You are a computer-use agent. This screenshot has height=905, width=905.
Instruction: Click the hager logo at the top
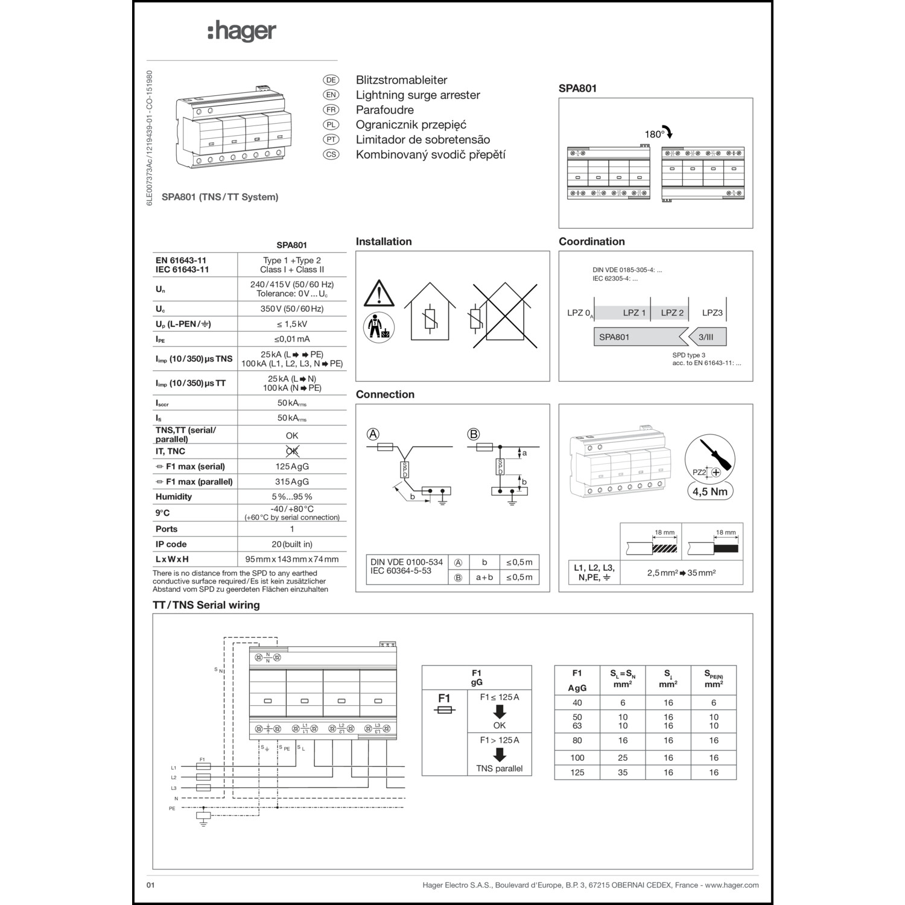pos(242,31)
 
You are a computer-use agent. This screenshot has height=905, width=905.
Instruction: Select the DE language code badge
pos(331,80)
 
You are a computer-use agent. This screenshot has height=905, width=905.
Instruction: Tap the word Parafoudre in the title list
pos(384,110)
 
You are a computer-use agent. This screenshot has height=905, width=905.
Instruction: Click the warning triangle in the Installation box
pos(379,294)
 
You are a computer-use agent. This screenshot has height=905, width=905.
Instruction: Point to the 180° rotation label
pos(654,135)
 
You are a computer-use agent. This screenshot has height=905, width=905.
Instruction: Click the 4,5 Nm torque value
pos(710,491)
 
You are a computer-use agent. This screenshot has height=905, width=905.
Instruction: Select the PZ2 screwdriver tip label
pos(699,472)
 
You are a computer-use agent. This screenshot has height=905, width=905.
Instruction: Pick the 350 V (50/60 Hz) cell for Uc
pos(292,309)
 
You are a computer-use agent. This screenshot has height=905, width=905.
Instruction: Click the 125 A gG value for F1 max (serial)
pos(292,466)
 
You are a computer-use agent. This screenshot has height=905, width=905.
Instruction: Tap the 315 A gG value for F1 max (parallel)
pos(292,481)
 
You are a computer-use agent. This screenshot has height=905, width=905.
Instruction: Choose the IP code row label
pos(171,544)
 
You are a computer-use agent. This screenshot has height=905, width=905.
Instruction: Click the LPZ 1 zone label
pos(634,313)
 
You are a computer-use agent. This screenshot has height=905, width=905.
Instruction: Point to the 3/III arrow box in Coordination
pos(706,337)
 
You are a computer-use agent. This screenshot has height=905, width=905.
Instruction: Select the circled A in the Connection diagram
pos(373,434)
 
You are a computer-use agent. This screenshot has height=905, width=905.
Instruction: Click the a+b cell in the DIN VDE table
pos(484,577)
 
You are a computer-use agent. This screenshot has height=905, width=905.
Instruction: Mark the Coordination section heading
pos(591,241)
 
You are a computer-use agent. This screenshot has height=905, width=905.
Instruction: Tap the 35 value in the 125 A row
pos(623,772)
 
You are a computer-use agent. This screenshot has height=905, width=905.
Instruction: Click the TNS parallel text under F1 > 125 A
pos(499,769)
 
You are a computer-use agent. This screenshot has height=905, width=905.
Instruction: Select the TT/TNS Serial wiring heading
pos(206,605)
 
